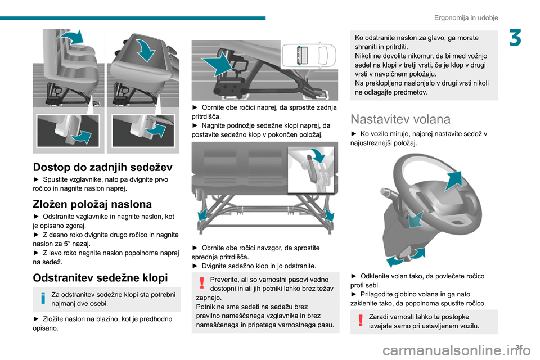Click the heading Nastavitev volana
click(x=400, y=119)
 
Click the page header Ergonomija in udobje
click(x=466, y=17)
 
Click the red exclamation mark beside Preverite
click(x=201, y=285)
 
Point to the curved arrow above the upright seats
click(x=70, y=38)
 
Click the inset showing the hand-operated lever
click(x=312, y=169)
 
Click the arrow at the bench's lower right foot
click(x=330, y=213)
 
